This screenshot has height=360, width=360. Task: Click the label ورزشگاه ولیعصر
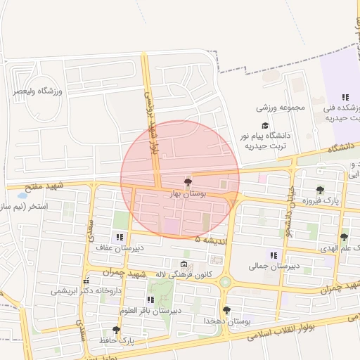[x=39, y=91]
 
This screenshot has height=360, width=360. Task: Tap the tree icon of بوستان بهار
[x=187, y=182]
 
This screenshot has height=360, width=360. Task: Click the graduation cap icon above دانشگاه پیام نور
[x=266, y=125]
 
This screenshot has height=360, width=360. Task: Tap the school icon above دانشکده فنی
[x=345, y=97]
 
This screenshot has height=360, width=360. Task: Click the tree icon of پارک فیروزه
[x=321, y=190]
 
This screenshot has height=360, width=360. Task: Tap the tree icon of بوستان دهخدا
[x=226, y=310]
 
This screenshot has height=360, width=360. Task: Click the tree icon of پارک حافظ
[x=116, y=330]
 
